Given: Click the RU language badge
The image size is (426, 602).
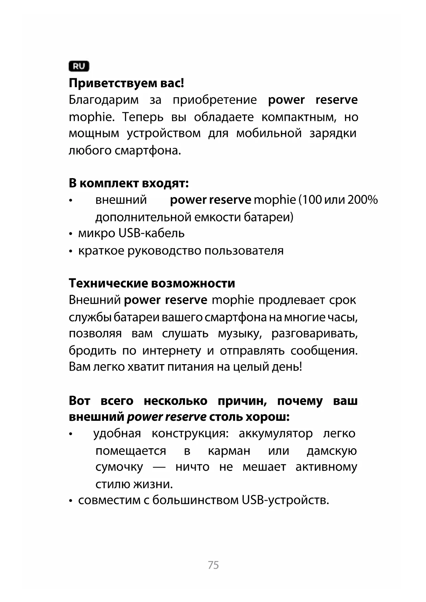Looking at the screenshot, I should point(79,66).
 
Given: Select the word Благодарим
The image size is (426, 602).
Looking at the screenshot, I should point(104,100).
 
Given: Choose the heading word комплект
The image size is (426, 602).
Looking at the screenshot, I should point(109,184).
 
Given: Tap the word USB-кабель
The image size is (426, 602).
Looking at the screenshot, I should point(151,233).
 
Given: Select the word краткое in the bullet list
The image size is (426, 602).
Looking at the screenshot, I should point(101,251).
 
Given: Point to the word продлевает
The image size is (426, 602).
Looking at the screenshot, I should point(291,300).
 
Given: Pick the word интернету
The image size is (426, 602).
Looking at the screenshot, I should point(172,351).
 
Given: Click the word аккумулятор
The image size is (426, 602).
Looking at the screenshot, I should point(276,434).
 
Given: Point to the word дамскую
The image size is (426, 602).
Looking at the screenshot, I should point(332,451).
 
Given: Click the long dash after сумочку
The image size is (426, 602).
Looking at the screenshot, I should point(159,467).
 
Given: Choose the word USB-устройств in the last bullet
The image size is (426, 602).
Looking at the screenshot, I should point(285,500).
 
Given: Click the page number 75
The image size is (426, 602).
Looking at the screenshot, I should point(213,565).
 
